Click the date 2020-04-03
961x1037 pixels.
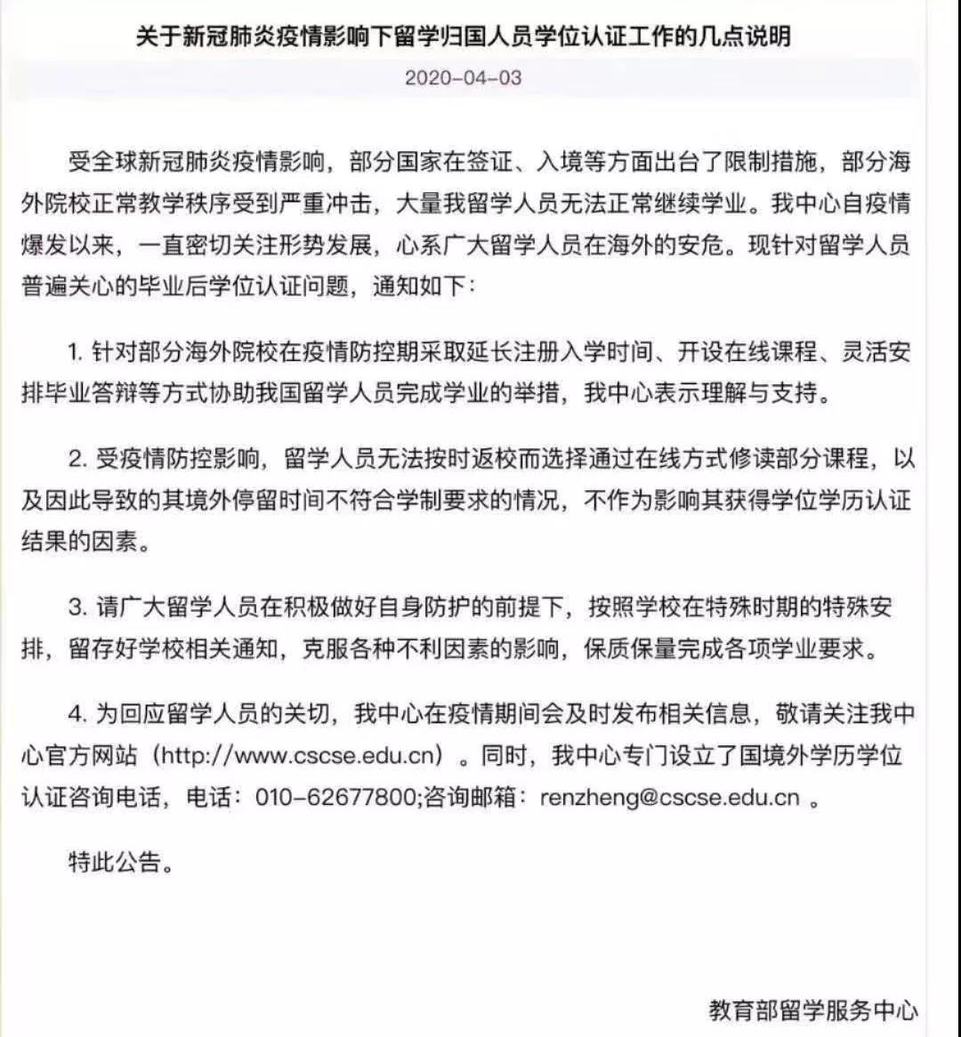(463, 77)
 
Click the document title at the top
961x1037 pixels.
(463, 36)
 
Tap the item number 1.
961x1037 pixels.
(75, 352)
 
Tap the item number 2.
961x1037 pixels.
(76, 460)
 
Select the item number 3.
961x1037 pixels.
(76, 608)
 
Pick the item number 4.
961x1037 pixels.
(76, 715)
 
